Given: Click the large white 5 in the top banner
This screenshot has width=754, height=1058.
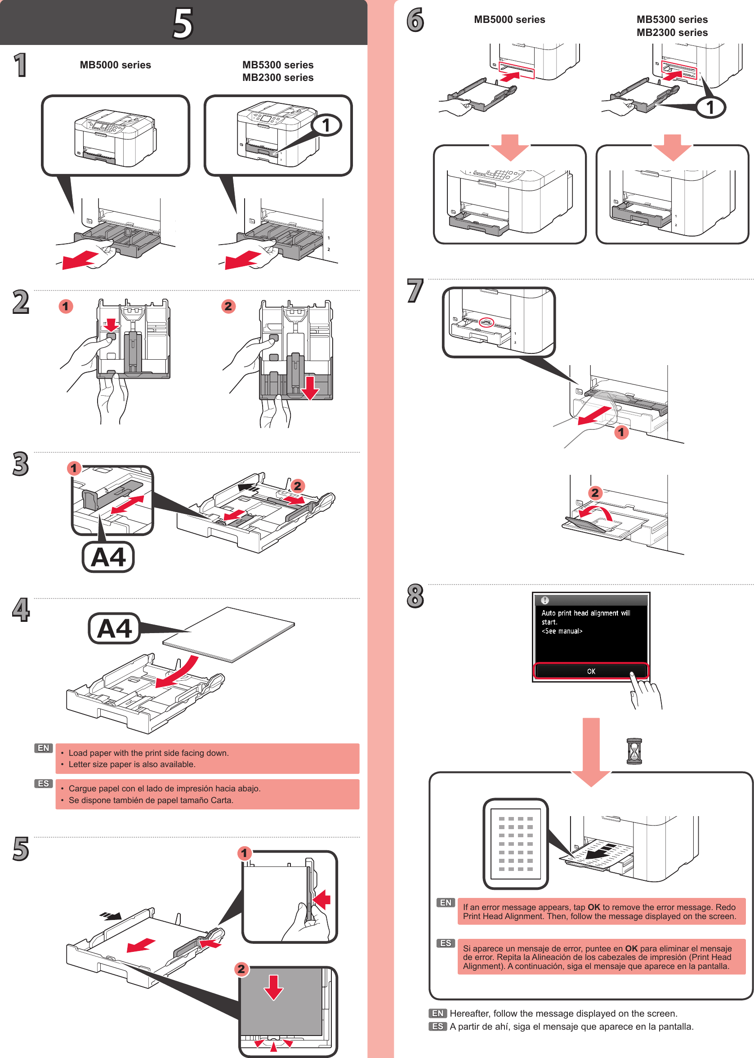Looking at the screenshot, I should tap(183, 23).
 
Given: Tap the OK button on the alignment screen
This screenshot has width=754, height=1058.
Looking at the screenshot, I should tap(591, 671).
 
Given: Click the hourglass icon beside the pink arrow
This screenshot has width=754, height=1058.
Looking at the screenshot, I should tap(634, 751).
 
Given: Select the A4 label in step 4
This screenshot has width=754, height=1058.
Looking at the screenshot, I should tap(114, 629).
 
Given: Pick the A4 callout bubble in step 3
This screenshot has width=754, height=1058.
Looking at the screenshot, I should tap(108, 557).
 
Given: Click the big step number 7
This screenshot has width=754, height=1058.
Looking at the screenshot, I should tap(415, 290).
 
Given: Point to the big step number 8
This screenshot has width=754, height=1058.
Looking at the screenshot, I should tap(415, 596).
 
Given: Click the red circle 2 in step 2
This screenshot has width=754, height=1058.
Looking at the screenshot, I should tap(228, 306).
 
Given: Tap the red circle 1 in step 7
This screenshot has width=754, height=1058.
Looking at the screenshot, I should tap(621, 432).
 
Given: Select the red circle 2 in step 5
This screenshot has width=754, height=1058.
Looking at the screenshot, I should tap(241, 969).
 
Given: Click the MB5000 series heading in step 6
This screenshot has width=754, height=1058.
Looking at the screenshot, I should tap(509, 19).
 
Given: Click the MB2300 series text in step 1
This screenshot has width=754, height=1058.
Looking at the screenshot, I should tap(278, 77).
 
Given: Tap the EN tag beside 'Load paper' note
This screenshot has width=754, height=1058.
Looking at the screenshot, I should tap(43, 748).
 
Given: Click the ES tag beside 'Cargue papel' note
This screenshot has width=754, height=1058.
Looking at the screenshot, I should tap(43, 783).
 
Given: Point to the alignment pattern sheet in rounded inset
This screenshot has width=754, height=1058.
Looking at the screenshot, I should tap(515, 843).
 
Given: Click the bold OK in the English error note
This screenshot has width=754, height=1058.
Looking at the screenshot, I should tap(593, 906).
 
